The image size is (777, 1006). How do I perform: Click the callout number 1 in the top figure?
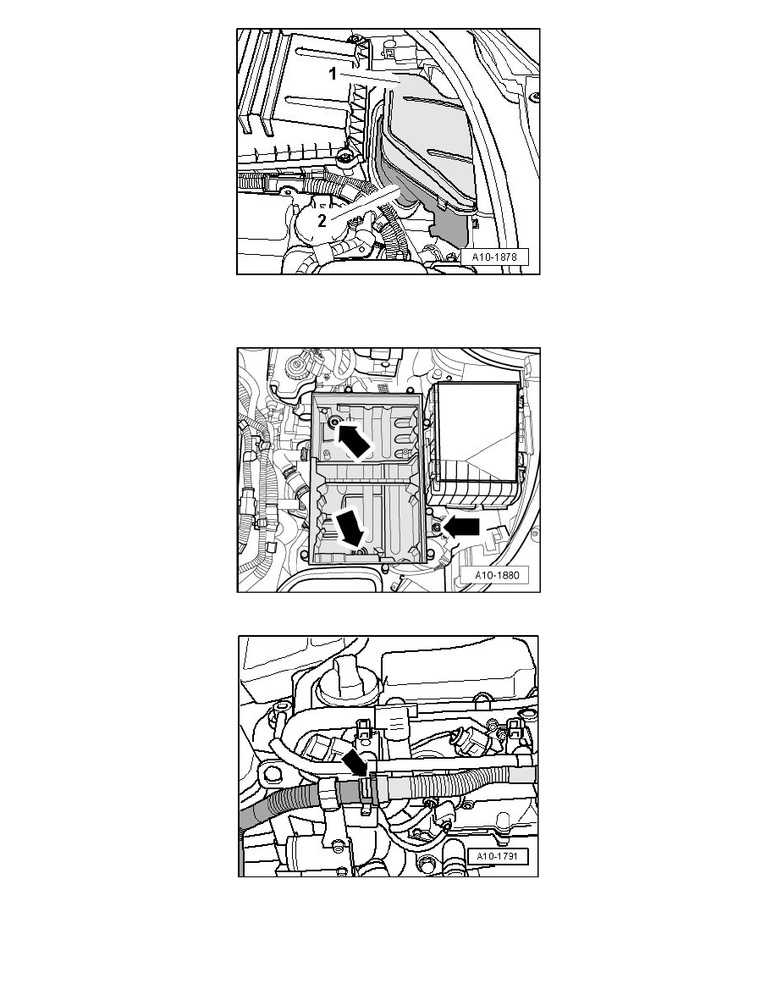tap(333, 75)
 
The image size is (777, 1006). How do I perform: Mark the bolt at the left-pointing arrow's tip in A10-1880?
tap(435, 528)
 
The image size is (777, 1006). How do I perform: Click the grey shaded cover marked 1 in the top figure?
tap(423, 144)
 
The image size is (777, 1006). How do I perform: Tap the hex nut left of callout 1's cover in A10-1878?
tap(344, 158)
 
